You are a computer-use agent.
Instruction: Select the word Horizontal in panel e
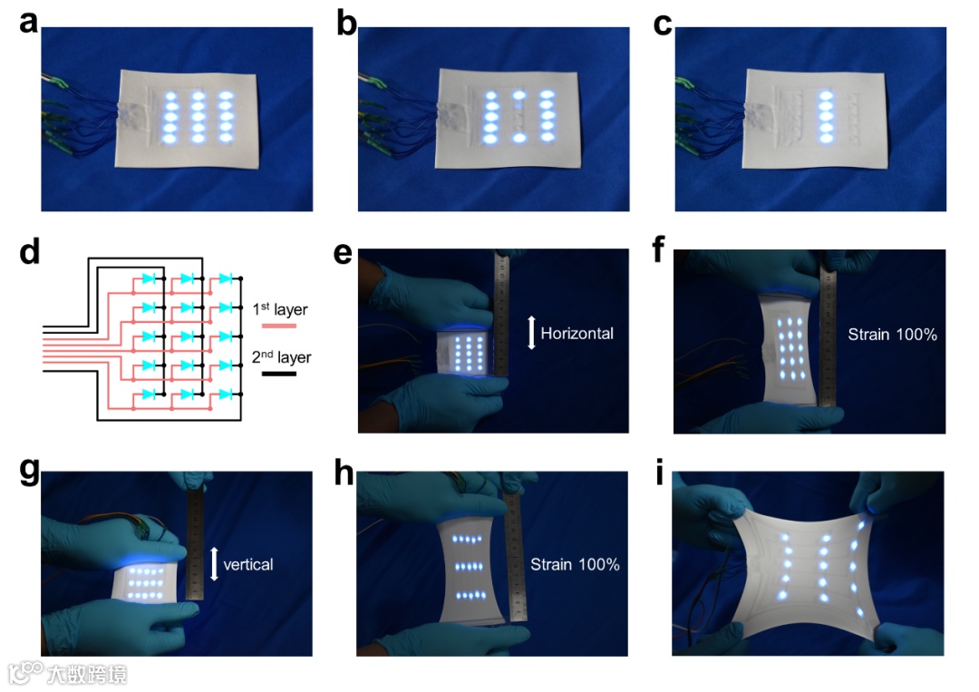click(577, 333)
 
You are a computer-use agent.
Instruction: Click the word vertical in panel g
click(247, 564)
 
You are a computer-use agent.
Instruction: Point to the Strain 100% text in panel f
click(892, 334)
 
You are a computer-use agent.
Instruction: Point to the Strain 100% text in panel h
click(575, 564)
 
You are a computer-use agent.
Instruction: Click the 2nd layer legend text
click(281, 357)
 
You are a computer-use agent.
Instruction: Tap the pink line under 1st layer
click(278, 326)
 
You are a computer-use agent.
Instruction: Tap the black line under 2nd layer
click(278, 373)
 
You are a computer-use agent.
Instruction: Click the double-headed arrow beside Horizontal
click(531, 333)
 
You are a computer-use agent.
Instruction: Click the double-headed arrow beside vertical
click(214, 563)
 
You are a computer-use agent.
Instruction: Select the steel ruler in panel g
click(196, 544)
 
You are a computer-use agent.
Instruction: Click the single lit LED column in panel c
click(825, 116)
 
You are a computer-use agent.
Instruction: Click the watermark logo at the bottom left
click(25, 673)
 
